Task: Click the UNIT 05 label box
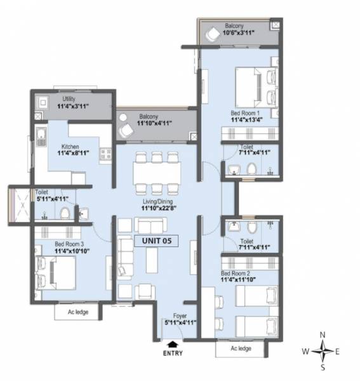pyautogui.click(x=156, y=241)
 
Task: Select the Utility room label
pyautogui.click(x=69, y=100)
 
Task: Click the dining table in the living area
pyautogui.click(x=156, y=172)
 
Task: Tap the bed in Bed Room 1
pyautogui.click(x=249, y=86)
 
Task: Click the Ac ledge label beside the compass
pyautogui.click(x=242, y=349)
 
